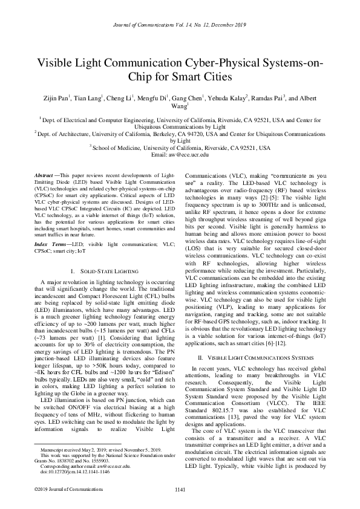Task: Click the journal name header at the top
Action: click(180, 24)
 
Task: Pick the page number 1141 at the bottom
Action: click(180, 489)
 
